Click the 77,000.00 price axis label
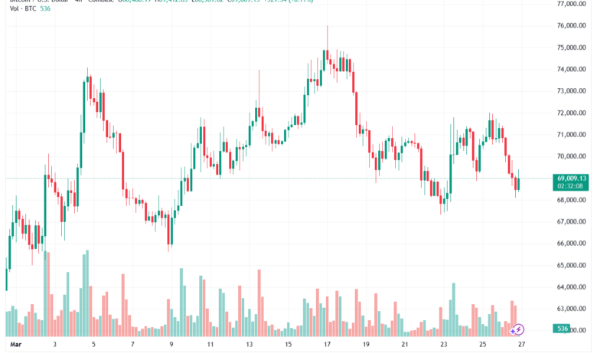click(x=571, y=4)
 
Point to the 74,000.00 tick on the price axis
click(x=571, y=69)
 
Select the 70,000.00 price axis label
click(x=571, y=156)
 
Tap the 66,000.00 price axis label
click(x=571, y=244)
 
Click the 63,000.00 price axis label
click(x=571, y=309)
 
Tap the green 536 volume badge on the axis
click(x=563, y=329)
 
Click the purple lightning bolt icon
click(x=518, y=329)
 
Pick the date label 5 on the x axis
click(x=93, y=345)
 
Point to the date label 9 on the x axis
click(x=171, y=345)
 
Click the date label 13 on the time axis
click(x=250, y=345)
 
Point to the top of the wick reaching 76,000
click(x=328, y=26)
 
